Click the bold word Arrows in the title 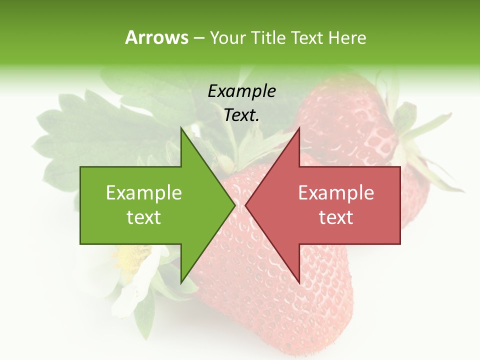pyautogui.click(x=156, y=37)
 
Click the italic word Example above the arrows pyautogui.click(x=241, y=91)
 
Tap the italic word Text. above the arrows pyautogui.click(x=241, y=115)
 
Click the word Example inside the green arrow pyautogui.click(x=144, y=192)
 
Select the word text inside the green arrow pyautogui.click(x=144, y=217)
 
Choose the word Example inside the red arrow pyautogui.click(x=336, y=192)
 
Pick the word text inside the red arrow pyautogui.click(x=336, y=217)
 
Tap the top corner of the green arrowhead pyautogui.click(x=181, y=128)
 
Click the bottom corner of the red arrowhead pyautogui.click(x=299, y=282)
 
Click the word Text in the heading pyautogui.click(x=306, y=37)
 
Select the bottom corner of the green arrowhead pyautogui.click(x=181, y=282)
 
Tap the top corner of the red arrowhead pyautogui.click(x=299, y=128)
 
